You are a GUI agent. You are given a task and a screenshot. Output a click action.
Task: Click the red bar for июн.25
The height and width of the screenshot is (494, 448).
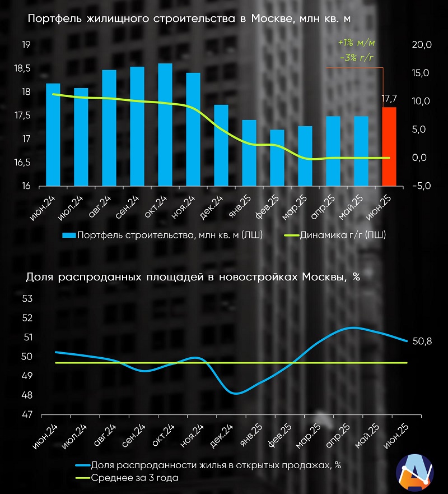(x=389, y=146)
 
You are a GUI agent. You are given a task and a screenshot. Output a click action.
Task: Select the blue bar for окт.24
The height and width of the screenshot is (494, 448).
(x=165, y=124)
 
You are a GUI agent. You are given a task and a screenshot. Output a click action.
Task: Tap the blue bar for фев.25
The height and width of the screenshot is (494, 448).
(x=277, y=158)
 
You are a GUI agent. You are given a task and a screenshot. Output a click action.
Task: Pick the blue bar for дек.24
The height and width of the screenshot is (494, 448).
(x=221, y=145)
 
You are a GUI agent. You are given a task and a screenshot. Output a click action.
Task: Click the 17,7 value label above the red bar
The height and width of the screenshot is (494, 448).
(x=389, y=99)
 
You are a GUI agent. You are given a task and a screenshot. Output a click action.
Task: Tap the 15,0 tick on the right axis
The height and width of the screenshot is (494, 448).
(x=421, y=73)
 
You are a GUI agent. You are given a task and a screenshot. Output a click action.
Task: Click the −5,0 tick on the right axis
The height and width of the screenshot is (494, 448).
(x=419, y=186)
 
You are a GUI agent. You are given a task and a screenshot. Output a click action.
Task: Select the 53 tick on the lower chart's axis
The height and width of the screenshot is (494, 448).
(x=27, y=298)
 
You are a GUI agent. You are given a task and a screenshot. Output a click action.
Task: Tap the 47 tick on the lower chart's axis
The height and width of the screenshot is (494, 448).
(x=27, y=415)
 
